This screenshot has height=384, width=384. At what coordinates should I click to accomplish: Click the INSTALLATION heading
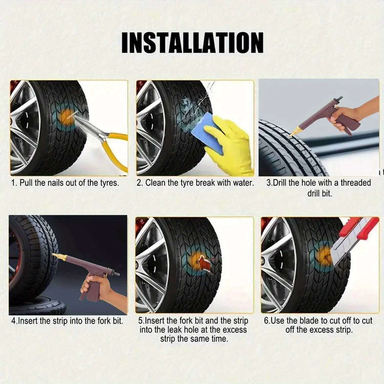pos(192,42)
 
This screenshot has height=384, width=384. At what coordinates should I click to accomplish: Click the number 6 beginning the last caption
pos(266,321)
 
